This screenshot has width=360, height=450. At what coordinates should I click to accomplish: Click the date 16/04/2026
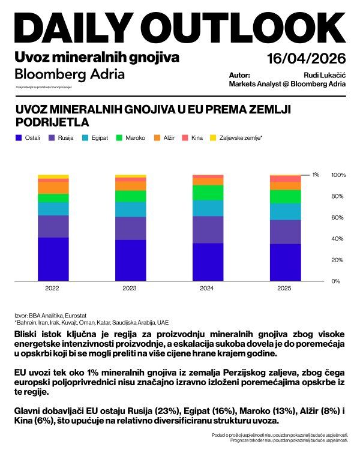point(307,59)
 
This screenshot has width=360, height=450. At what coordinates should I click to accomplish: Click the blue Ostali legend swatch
point(18,138)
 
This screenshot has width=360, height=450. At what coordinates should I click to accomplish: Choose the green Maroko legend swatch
point(119,138)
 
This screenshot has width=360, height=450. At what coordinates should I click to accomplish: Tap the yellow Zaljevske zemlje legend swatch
point(213,138)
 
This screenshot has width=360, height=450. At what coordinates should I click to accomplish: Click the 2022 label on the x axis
point(52,289)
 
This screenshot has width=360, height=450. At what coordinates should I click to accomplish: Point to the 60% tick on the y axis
point(339,218)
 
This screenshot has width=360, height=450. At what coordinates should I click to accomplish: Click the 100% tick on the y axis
point(339,175)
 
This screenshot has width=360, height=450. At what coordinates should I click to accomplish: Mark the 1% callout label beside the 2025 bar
point(316,175)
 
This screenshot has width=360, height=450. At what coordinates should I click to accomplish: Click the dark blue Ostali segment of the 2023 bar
point(130,260)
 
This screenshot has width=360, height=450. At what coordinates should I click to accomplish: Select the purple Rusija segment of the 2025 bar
point(285,232)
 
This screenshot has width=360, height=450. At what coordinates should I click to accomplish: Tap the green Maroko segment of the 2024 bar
point(208,192)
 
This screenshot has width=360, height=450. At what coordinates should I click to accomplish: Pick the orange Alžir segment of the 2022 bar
point(53,187)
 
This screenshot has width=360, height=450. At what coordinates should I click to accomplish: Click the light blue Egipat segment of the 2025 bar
point(285,212)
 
